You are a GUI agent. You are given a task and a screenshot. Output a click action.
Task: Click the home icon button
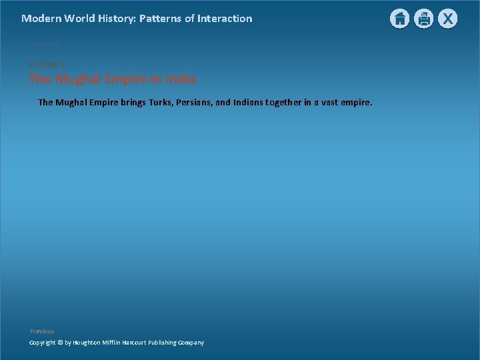click(399, 19)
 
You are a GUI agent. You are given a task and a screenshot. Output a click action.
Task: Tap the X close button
click(447, 19)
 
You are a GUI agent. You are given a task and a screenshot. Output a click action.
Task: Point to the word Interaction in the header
click(225, 19)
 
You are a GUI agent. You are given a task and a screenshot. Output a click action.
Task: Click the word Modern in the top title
click(41, 19)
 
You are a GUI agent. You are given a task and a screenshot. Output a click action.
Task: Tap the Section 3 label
click(46, 64)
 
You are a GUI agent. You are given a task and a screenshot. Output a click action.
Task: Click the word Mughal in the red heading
click(80, 79)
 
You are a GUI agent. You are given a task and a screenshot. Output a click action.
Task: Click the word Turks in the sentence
click(159, 103)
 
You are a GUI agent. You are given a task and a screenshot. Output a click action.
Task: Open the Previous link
click(42, 331)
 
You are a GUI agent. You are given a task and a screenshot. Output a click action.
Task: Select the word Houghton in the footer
click(89, 343)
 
